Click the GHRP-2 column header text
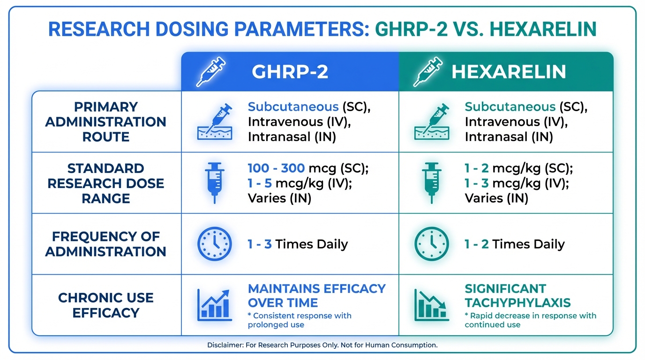tap(290, 72)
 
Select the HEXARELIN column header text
tap(509, 72)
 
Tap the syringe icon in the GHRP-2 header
tap(211, 72)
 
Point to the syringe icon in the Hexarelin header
tap(428, 72)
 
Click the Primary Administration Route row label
tap(105, 122)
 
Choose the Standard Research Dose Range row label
tap(105, 183)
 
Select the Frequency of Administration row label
tap(105, 244)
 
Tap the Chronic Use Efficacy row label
tap(105, 305)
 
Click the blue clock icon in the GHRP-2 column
tap(215, 244)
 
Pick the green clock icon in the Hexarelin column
tap(432, 244)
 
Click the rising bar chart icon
tap(215, 305)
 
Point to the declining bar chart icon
tap(432, 305)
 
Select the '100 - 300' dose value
tap(276, 168)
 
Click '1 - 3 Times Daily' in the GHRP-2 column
tap(298, 244)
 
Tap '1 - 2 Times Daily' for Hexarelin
tap(515, 244)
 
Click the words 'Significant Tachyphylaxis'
tap(517, 296)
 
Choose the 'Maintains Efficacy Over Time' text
tap(317, 296)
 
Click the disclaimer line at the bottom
tap(322, 345)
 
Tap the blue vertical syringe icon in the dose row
tap(215, 183)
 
